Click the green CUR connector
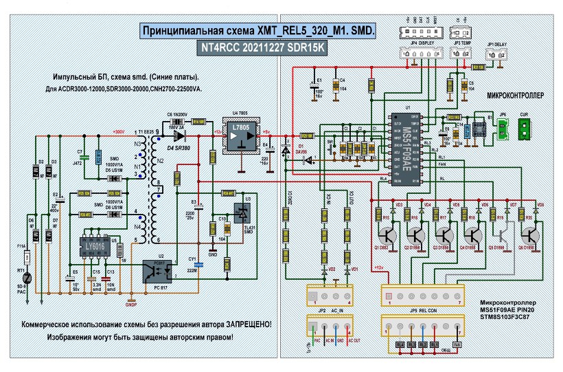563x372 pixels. click(x=525, y=129)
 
